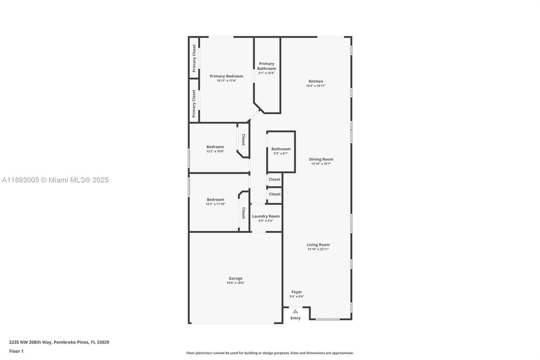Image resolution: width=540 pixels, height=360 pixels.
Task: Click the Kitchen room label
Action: (315, 81)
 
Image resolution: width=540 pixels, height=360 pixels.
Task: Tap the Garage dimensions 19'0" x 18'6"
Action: (235, 283)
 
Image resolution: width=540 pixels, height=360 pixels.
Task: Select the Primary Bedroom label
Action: (226, 76)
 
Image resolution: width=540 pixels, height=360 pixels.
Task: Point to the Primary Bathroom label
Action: (267, 66)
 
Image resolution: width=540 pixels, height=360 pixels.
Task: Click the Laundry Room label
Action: (266, 216)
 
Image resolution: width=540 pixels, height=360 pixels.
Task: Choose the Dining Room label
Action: (321, 159)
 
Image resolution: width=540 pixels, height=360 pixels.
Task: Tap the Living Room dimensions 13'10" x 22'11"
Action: (318, 249)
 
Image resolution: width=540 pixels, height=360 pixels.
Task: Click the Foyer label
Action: (297, 292)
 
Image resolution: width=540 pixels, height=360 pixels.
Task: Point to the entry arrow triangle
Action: (295, 311)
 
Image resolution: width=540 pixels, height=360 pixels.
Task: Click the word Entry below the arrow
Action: (295, 318)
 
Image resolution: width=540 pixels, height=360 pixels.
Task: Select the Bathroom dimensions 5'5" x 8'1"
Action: (281, 154)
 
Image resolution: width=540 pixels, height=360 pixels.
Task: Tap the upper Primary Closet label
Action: (194, 58)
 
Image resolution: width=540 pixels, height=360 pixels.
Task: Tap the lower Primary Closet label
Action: (194, 104)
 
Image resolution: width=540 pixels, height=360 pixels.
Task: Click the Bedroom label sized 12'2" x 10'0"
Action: (215, 147)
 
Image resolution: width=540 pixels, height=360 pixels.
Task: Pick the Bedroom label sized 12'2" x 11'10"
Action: (215, 200)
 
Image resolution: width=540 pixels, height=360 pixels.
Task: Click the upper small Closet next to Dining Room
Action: (275, 180)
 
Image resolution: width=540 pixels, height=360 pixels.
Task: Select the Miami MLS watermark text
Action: (55, 180)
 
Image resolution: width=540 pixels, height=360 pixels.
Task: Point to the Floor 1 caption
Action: (16, 351)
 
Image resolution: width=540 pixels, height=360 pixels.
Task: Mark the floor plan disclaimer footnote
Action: (270, 353)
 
